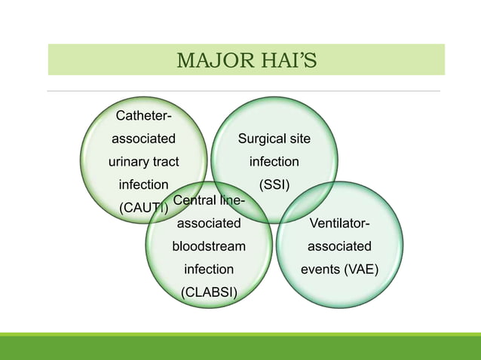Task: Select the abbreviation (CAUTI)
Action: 143,207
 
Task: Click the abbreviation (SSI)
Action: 274,185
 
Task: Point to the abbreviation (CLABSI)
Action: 209,291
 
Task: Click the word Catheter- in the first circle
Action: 143,115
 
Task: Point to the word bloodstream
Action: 209,246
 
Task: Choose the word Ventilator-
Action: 339,223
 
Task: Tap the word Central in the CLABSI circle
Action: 194,200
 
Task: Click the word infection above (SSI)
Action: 274,161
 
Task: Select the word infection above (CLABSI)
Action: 209,269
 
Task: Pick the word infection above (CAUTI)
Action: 143,185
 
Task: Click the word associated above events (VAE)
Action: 339,246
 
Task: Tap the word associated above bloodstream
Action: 209,223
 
